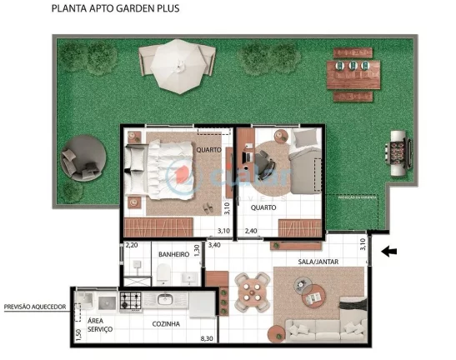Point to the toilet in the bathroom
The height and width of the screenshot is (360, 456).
pos(163,272)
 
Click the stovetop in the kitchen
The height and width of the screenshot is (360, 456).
pos(132,298)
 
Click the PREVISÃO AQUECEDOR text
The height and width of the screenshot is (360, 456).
pos(35,307)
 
